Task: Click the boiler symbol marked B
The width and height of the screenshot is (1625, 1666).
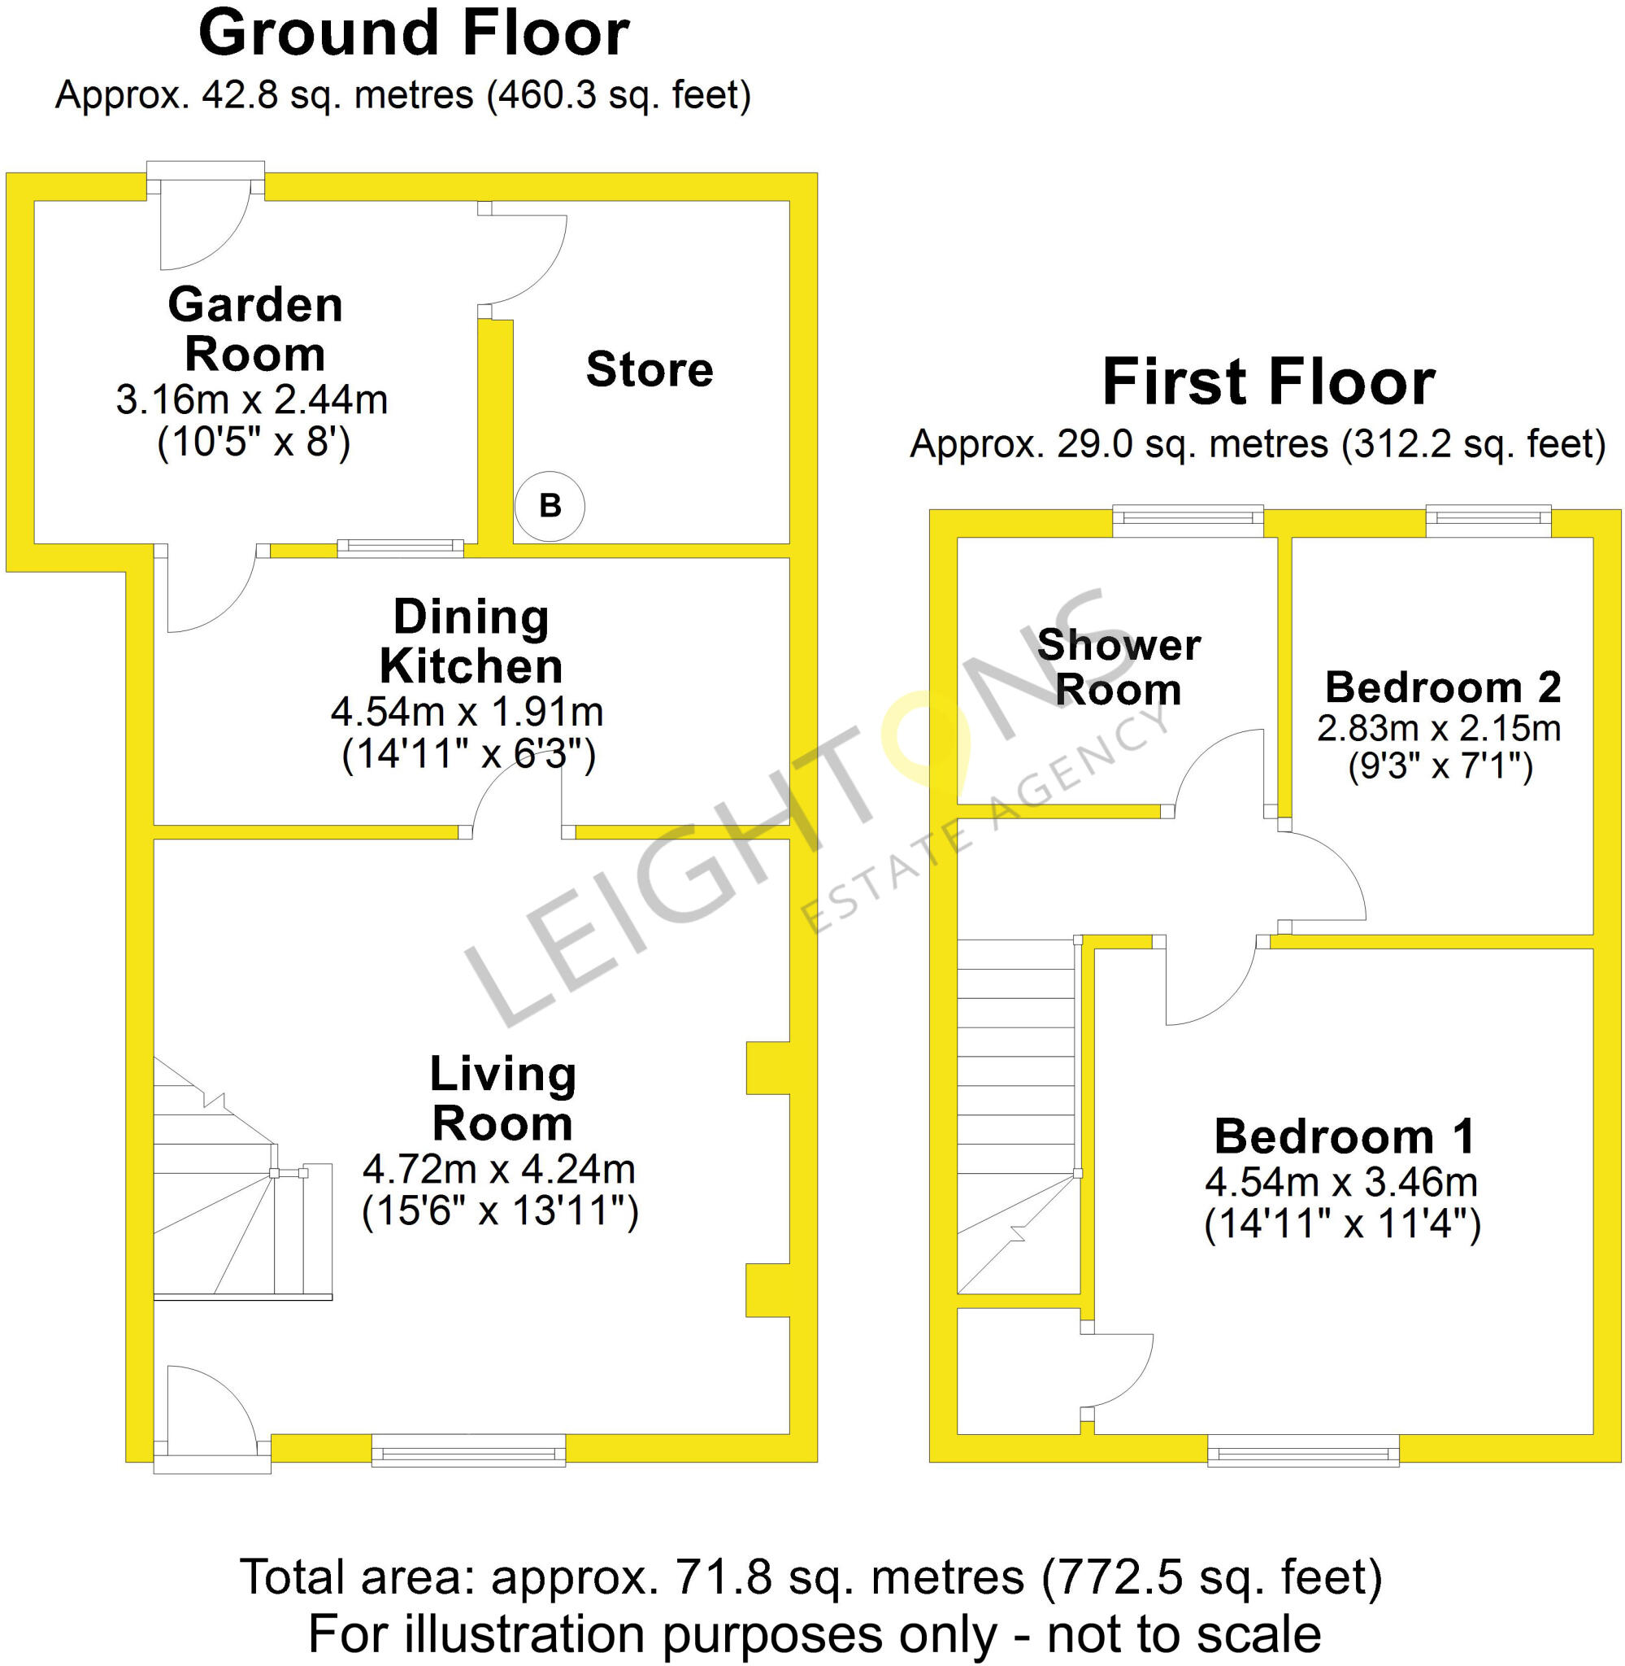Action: click(550, 505)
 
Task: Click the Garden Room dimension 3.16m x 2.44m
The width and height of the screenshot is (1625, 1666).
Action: click(252, 399)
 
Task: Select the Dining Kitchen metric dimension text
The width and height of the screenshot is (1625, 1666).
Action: click(467, 711)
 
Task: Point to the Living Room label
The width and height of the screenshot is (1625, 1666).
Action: click(502, 1098)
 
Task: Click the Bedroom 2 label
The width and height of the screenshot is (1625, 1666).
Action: click(1443, 687)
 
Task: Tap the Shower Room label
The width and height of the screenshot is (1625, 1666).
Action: click(1118, 667)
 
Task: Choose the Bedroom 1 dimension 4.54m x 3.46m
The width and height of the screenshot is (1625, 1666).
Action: click(1340, 1182)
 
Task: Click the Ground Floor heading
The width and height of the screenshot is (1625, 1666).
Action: click(414, 34)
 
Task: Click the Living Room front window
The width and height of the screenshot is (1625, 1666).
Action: click(468, 1449)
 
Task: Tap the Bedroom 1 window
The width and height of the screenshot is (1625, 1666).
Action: click(1302, 1450)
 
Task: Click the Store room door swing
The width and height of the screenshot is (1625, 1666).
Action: click(523, 256)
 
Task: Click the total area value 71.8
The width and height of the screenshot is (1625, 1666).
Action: click(710, 1577)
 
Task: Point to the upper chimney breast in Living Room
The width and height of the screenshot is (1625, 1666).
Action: click(767, 1067)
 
